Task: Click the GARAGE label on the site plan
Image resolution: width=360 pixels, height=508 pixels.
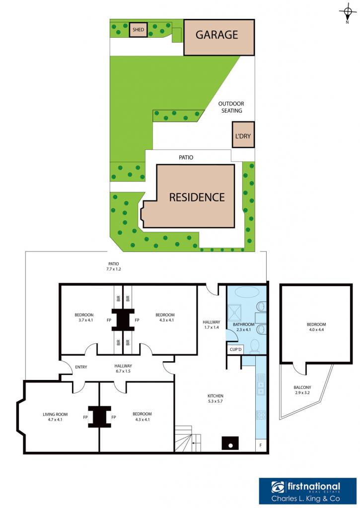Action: coord(216,35)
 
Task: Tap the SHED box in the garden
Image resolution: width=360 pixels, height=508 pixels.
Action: coord(138,29)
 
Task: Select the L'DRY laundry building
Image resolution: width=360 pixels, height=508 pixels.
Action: coord(243,134)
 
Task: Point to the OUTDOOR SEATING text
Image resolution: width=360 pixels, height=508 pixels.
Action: coord(231,107)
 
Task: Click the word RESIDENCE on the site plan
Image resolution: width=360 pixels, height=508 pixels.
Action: coord(197,197)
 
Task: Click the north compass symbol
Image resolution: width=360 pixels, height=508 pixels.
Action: coord(348,13)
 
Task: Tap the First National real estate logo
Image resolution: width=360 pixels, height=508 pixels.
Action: coord(307,491)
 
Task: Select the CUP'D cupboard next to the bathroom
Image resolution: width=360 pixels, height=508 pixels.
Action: coord(235,349)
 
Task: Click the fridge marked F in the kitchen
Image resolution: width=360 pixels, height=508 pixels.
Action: coord(260,445)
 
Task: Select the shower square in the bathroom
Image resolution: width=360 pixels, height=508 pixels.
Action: coord(237,312)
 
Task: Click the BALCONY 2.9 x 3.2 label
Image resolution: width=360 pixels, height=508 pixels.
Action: coord(302,390)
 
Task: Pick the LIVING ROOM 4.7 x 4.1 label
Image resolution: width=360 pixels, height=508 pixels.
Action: coord(55,417)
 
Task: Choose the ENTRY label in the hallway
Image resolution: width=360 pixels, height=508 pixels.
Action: coord(81,367)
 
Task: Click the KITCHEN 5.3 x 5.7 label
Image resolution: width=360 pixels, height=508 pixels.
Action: coord(216,398)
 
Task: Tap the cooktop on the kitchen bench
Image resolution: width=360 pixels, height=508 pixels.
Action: coord(261,415)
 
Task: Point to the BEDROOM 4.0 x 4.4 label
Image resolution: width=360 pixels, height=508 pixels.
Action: coord(316,327)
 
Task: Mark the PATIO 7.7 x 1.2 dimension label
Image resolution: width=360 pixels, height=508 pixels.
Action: coord(114,266)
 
